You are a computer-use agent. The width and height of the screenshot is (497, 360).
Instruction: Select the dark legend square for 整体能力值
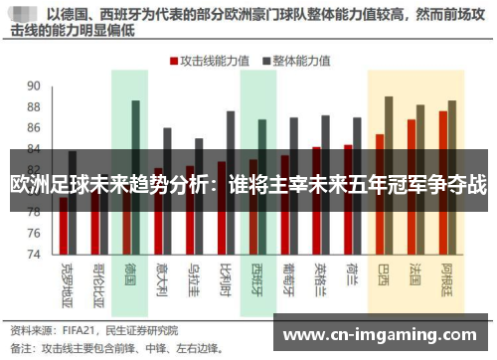(x=266, y=60)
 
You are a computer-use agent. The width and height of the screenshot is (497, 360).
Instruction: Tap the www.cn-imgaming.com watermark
(x=381, y=331)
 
